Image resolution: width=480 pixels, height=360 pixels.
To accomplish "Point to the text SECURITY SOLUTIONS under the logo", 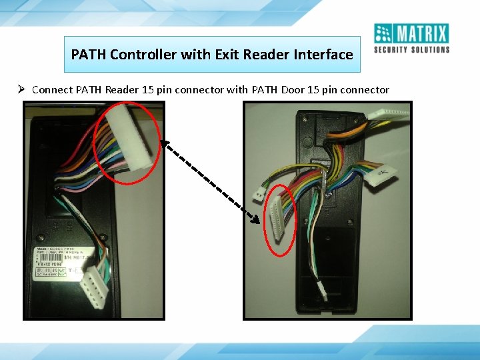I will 411,49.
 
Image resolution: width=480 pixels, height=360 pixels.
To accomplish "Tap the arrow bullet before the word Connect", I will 22,89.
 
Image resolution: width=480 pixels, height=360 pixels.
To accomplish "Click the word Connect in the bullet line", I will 52,89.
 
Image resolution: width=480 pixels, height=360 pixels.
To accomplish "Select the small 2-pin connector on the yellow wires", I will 259,193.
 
